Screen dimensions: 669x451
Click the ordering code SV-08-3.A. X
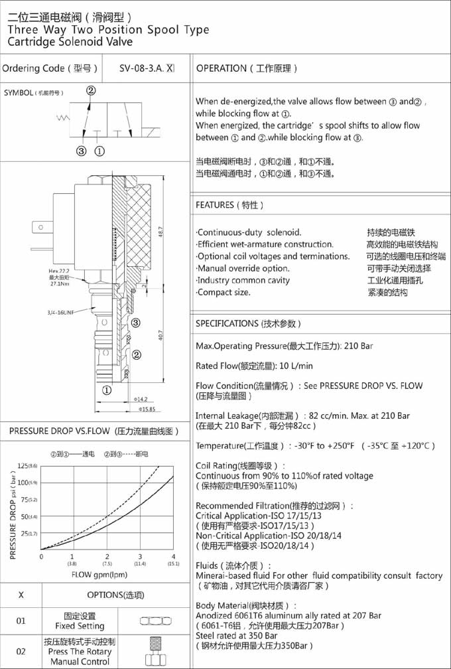click(x=147, y=68)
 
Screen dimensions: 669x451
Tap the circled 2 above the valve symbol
click(x=91, y=91)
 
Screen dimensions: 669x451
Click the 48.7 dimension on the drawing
click(x=160, y=233)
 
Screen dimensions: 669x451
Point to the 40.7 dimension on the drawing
click(x=160, y=335)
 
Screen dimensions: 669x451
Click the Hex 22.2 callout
click(x=58, y=271)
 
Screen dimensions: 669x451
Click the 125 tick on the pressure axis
click(x=25, y=466)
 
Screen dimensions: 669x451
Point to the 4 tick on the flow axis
click(x=173, y=556)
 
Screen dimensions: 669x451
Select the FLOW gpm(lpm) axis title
click(x=99, y=574)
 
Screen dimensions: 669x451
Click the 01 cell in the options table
click(x=21, y=621)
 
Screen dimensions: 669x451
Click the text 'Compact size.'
click(x=224, y=292)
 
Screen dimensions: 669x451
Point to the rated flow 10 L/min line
click(x=254, y=366)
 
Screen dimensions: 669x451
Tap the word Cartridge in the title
click(x=32, y=42)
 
